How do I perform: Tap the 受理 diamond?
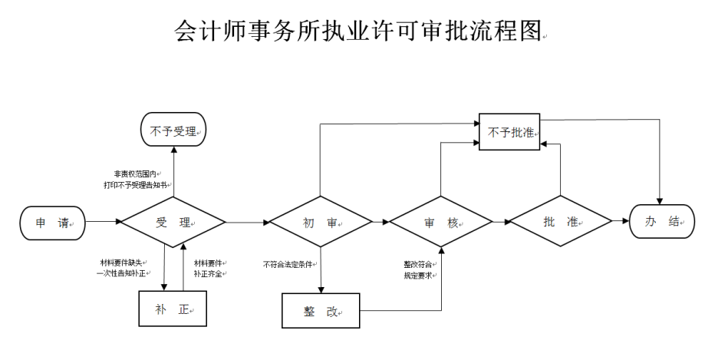click(x=173, y=223)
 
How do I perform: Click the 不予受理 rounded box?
click(x=174, y=131)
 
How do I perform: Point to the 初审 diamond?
click(x=320, y=223)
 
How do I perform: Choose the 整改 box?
click(x=321, y=312)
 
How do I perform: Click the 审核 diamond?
click(x=441, y=223)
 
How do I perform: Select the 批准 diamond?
click(x=562, y=223)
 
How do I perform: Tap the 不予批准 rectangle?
click(x=510, y=131)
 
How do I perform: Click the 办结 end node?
click(x=662, y=223)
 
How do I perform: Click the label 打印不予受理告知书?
click(x=135, y=185)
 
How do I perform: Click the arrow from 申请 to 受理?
click(x=103, y=223)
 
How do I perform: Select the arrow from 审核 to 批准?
click(x=501, y=223)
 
